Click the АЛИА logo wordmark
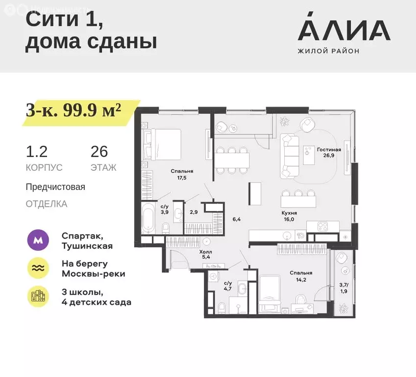[x=343, y=30]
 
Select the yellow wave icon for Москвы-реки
[x=38, y=268]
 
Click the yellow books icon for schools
[x=38, y=296]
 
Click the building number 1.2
[x=37, y=152]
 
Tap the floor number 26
[x=99, y=152]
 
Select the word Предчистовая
[x=56, y=187]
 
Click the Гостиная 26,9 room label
[x=328, y=154]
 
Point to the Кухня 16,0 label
[x=290, y=216]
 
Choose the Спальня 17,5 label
[x=182, y=174]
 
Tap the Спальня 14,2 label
[x=301, y=276]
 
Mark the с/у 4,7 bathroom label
[x=228, y=286]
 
